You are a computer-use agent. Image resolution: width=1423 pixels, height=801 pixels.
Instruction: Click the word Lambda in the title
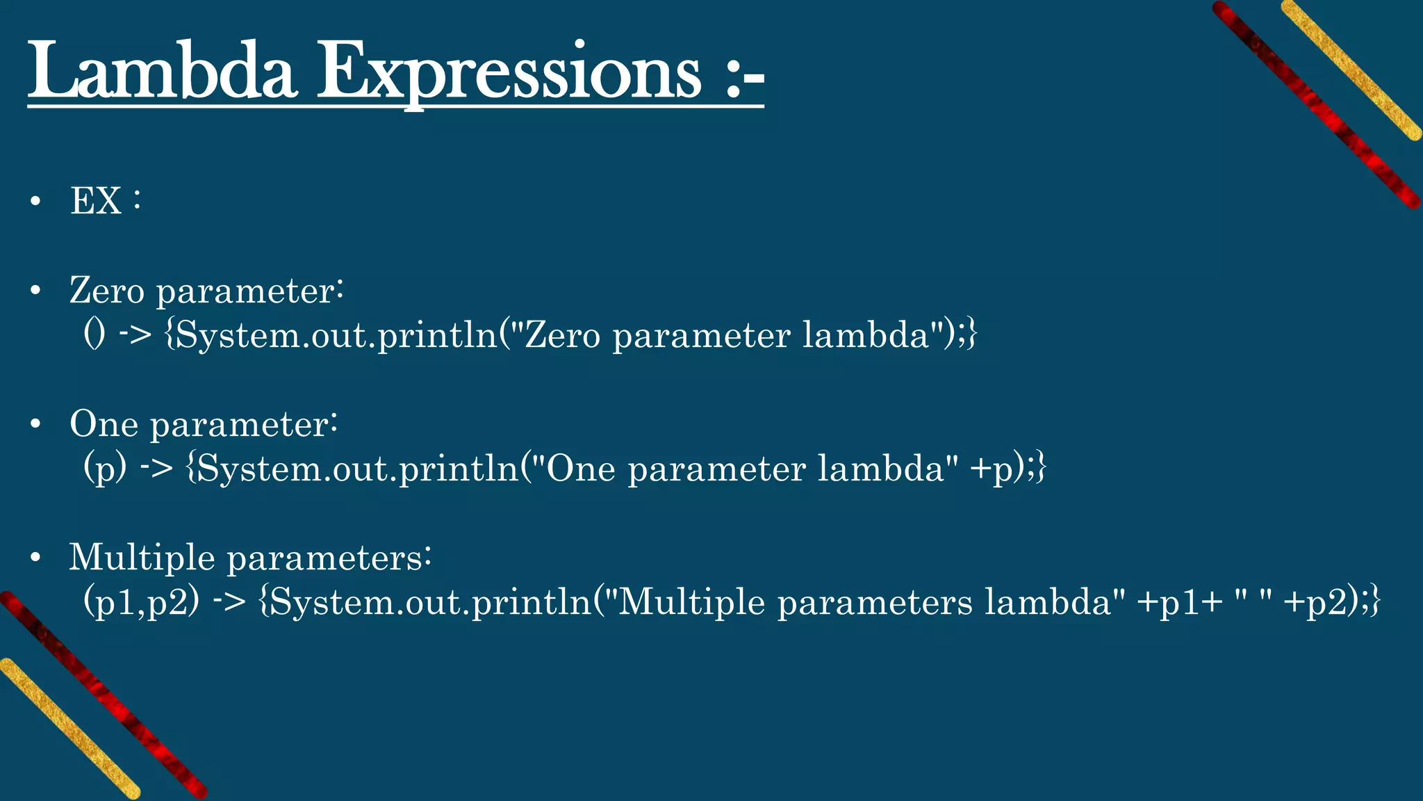pos(163,72)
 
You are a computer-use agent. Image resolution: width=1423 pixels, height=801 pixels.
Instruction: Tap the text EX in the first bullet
pos(96,201)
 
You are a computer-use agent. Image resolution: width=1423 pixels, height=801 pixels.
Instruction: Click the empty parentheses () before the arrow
pos(94,334)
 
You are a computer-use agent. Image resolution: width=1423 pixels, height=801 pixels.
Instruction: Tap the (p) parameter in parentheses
pos(105,468)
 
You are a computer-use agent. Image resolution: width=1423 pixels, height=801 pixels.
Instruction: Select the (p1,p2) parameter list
pos(141,601)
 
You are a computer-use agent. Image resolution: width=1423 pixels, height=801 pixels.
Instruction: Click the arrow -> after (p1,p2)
pos(229,601)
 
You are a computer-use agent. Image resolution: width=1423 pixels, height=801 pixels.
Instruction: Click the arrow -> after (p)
pos(156,468)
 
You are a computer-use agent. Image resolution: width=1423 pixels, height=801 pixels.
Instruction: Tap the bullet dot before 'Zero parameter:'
pos(36,291)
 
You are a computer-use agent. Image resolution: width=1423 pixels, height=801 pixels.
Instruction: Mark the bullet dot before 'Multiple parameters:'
pos(36,558)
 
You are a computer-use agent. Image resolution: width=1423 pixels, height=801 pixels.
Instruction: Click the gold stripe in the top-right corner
pos(1351,70)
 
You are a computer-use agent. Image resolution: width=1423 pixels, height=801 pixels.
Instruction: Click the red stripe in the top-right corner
pos(1317,104)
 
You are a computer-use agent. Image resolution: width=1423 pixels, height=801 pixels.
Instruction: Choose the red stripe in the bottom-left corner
pos(104,695)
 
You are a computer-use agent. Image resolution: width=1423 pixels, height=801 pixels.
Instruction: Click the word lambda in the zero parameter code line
pos(866,334)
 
